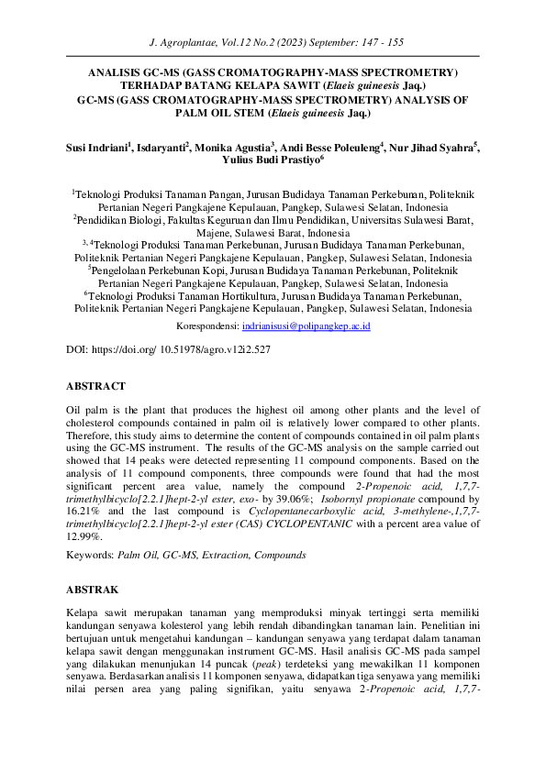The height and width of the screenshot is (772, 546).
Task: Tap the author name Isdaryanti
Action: point(162,146)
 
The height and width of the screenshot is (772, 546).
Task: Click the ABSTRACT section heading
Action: point(95,386)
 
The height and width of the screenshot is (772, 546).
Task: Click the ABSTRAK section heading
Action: point(93,590)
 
